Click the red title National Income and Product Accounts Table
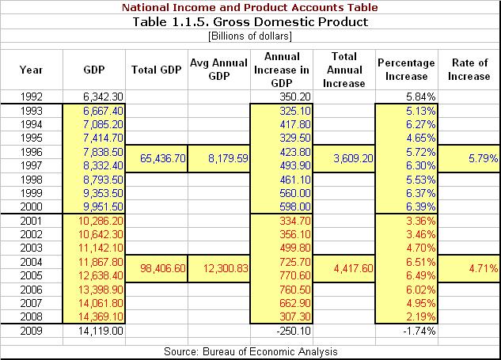[250, 7]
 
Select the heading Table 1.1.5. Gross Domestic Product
[250, 21]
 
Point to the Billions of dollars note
[250, 36]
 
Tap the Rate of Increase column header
[469, 69]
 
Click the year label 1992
[31, 97]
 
